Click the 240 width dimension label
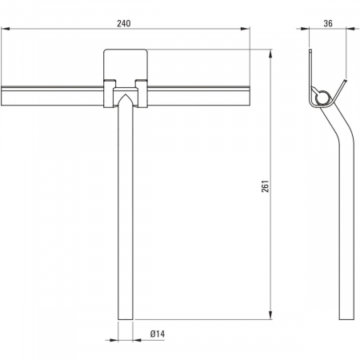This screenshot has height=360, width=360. [124, 23]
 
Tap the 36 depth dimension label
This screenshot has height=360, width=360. [328, 23]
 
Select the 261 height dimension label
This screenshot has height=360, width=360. [266, 186]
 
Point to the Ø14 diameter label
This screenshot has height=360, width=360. [158, 334]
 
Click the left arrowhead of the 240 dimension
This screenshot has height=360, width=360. [6, 29]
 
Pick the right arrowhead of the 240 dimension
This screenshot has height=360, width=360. [246, 29]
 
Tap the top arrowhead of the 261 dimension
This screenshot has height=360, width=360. [270, 54]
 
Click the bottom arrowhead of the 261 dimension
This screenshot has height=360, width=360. [270, 314]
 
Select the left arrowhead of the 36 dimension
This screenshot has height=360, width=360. [305, 29]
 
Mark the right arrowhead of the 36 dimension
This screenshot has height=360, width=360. [351, 29]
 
